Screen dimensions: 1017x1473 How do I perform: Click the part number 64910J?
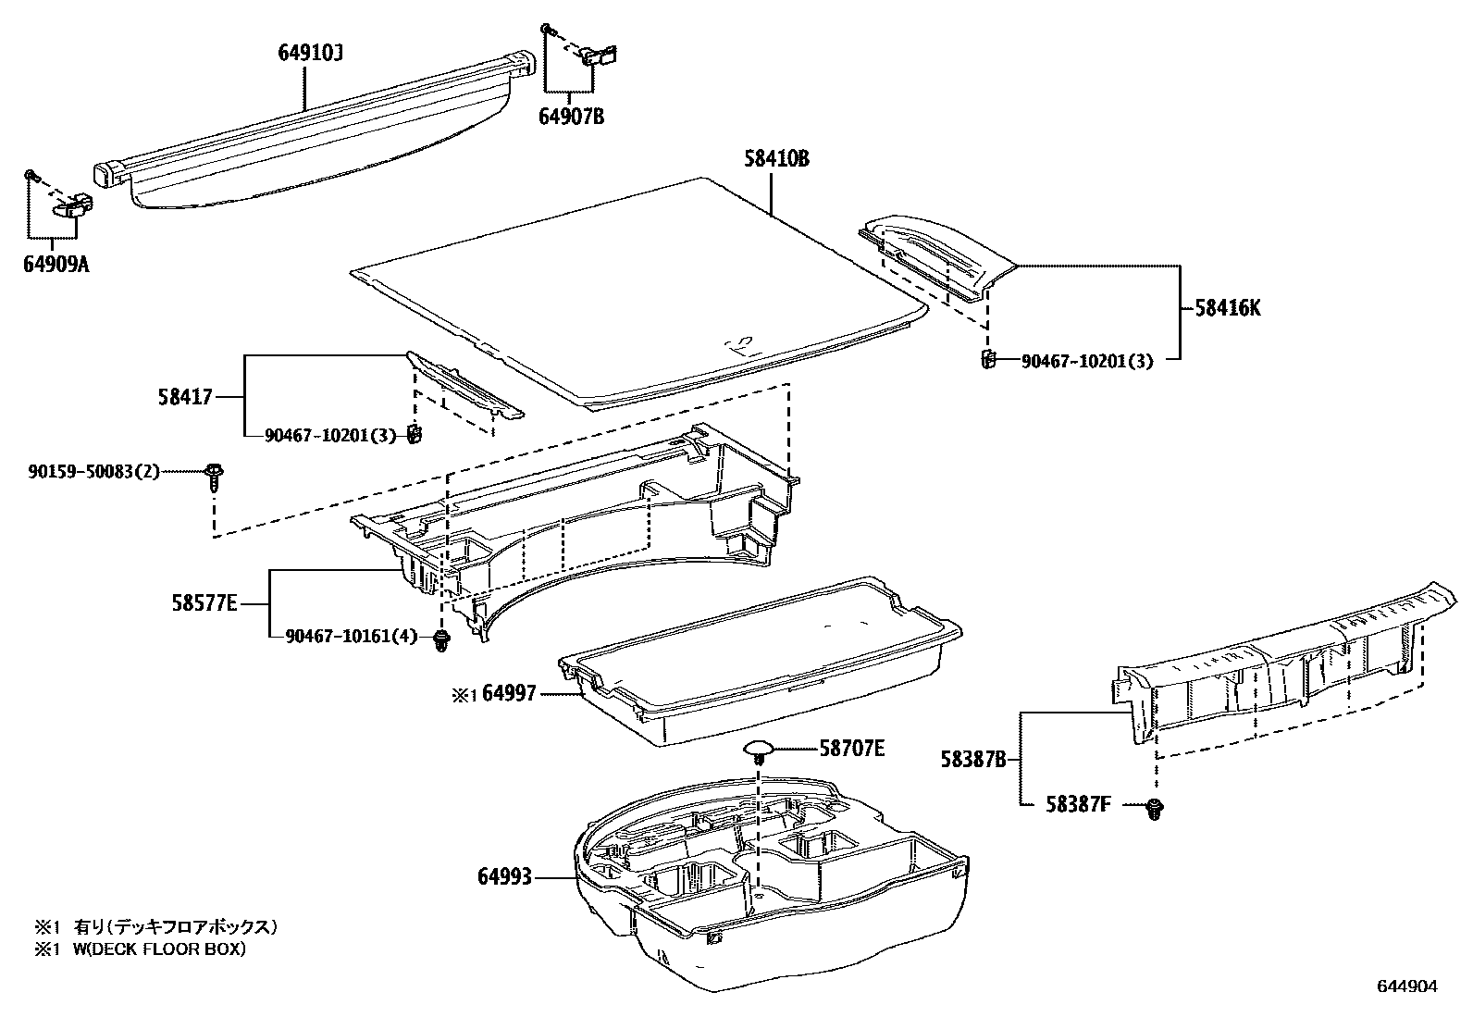[x=310, y=54]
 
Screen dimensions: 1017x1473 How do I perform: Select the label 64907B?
[x=571, y=117]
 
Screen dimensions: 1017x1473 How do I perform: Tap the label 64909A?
[x=56, y=266]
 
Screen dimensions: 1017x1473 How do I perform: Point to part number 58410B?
[x=776, y=159]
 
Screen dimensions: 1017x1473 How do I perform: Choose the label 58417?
[x=185, y=398]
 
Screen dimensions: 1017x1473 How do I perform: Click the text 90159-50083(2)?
[x=93, y=472]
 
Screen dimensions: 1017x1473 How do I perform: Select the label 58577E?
[x=204, y=604]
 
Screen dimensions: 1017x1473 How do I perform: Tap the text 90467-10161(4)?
[x=352, y=636]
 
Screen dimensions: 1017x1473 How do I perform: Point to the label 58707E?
[x=851, y=748]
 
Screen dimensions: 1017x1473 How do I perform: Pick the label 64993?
[x=505, y=874]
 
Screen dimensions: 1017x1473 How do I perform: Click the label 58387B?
[x=973, y=761]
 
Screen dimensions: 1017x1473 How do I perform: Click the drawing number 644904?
[x=1407, y=986]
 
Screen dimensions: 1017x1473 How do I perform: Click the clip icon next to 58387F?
[x=1155, y=808]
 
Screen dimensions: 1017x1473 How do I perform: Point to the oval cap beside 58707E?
[x=760, y=748]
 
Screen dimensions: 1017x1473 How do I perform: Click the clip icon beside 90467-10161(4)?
[x=441, y=639]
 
